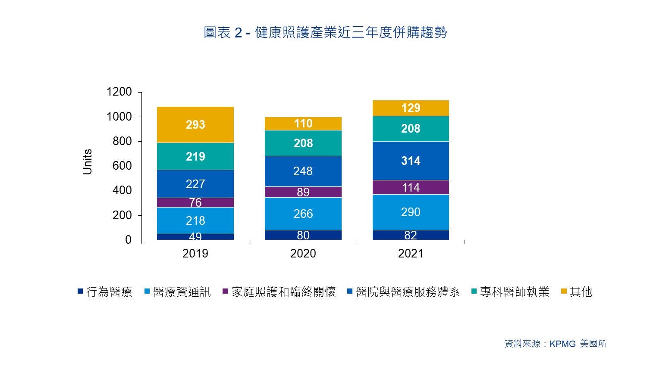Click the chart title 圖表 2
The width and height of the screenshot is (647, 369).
223,32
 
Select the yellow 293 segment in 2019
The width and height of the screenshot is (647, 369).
195,124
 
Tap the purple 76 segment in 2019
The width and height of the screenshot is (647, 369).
195,202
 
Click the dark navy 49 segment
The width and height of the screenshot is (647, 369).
195,237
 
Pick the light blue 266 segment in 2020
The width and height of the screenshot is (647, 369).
303,214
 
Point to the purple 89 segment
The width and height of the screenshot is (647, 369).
303,192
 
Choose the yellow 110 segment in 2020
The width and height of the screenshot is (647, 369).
303,124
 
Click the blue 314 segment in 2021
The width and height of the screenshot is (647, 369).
411,161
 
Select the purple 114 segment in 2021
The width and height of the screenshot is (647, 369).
411,187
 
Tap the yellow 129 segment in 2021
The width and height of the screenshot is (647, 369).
411,108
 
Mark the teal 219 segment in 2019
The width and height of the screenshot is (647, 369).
195,156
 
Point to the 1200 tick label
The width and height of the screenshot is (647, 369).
119,92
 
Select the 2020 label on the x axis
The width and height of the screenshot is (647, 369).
303,254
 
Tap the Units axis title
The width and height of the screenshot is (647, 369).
87,162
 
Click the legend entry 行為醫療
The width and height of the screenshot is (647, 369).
105,292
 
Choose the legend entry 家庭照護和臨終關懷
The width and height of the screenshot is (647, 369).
280,292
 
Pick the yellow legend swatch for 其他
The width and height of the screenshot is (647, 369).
564,291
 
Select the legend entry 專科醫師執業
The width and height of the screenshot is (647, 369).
510,292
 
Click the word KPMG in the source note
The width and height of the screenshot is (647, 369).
562,344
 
